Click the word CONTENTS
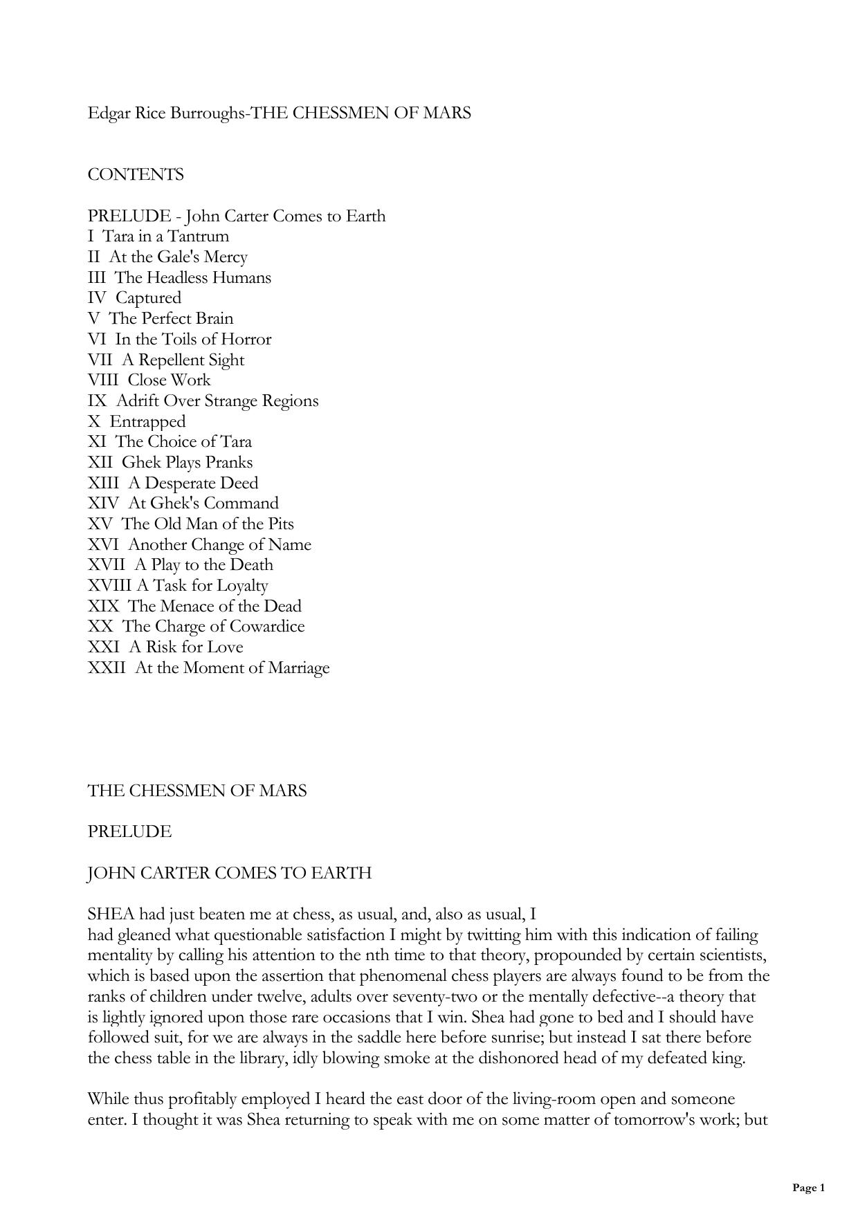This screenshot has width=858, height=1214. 136,174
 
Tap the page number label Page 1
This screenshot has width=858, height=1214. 808,1188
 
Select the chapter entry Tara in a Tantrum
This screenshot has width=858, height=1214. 166,237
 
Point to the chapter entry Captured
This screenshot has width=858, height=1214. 148,298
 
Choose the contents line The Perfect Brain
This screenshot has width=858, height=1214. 171,318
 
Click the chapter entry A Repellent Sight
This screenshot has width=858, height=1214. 183,360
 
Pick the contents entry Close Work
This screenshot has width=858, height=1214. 169,380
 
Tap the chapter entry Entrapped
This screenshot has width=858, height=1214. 147,421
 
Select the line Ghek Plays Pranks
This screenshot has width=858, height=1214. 187,462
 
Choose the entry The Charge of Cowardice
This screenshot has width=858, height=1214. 213,626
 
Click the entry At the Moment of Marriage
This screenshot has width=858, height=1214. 232,668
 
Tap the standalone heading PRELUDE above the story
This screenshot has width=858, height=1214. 129,831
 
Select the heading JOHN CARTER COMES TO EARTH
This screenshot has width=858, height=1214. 229,873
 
